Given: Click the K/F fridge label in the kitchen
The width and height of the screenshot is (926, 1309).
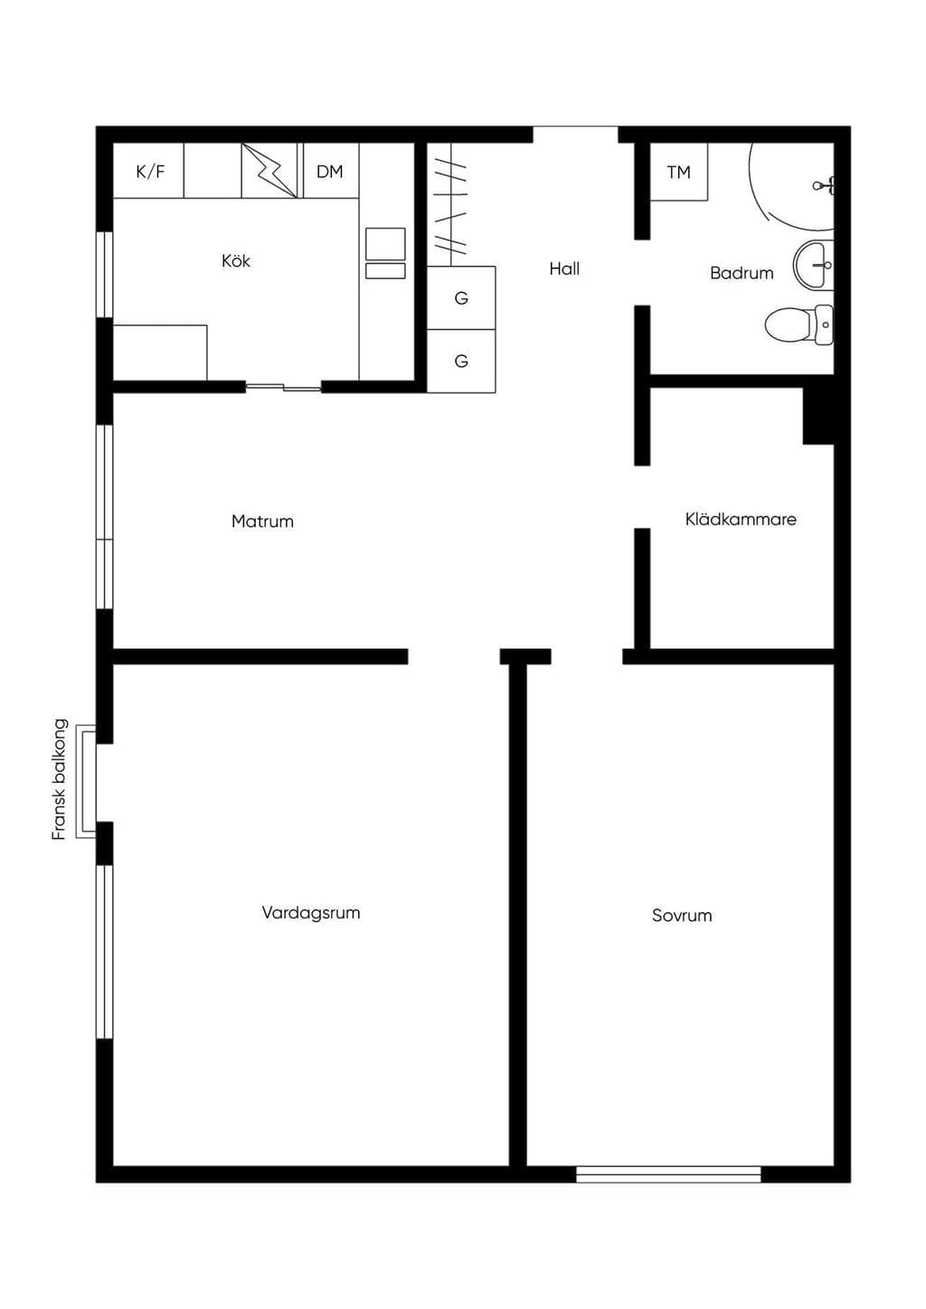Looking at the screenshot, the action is [x=150, y=172].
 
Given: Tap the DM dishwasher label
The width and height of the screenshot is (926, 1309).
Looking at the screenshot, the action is [x=329, y=172].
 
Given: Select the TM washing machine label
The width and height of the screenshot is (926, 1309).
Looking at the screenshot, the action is [x=679, y=173].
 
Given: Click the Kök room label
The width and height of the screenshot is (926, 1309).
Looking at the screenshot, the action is [x=236, y=260].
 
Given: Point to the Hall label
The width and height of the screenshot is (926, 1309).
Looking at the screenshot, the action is [x=564, y=268].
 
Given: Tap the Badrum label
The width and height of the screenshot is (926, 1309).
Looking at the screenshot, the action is [x=742, y=273].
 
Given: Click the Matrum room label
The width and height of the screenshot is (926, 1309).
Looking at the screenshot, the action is [x=262, y=522].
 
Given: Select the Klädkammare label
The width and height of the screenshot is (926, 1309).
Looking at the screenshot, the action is [x=741, y=519].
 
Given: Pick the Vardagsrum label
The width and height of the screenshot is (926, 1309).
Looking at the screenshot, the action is [x=311, y=913].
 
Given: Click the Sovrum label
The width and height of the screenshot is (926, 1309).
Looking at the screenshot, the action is [x=682, y=915].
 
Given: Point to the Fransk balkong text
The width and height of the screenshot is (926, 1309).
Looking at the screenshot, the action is [x=60, y=779].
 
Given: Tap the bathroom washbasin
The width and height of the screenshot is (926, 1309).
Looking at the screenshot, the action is [x=814, y=265].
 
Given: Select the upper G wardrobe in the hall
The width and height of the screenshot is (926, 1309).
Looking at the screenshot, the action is [x=461, y=298].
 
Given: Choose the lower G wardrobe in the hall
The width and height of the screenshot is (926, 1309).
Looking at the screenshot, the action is [x=461, y=361].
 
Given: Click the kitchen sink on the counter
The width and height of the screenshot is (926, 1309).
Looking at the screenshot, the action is [x=385, y=253].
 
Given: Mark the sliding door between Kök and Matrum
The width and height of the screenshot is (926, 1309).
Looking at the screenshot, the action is [x=284, y=386].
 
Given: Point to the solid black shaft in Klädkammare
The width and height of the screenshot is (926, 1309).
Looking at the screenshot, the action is [x=818, y=416].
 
